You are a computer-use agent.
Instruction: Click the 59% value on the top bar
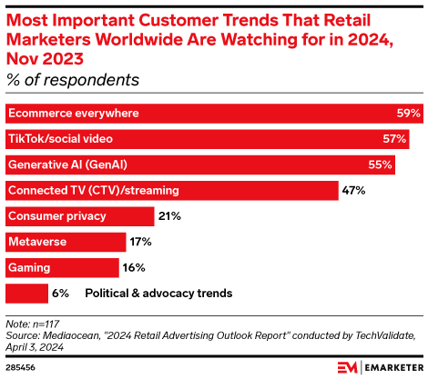tap(409, 114)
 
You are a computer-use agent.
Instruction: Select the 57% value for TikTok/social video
tap(395, 139)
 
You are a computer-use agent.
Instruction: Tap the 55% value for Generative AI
tap(381, 165)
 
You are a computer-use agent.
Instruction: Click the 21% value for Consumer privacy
tap(169, 216)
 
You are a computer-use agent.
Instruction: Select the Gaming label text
tap(29, 268)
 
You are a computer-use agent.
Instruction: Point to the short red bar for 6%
tap(26, 294)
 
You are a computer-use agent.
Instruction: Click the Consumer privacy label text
tap(57, 216)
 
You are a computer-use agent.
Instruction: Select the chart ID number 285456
tap(22, 368)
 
